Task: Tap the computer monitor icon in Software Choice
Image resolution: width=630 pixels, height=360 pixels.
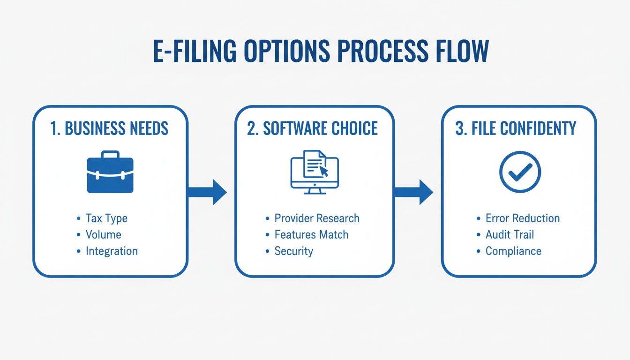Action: click(315, 172)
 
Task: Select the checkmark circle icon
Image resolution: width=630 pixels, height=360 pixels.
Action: click(519, 172)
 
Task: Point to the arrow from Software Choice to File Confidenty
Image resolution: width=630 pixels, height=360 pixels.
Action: click(413, 192)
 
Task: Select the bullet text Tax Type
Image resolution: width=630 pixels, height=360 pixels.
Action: click(106, 218)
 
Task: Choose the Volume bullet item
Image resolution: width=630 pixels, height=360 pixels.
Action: click(103, 235)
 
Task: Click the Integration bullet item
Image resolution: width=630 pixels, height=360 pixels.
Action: click(112, 251)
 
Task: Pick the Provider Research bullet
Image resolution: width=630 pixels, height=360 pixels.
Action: click(317, 218)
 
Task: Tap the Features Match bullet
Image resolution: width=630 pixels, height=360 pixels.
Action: click(311, 235)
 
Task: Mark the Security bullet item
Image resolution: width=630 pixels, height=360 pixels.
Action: click(293, 251)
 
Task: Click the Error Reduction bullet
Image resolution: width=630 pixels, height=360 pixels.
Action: click(523, 218)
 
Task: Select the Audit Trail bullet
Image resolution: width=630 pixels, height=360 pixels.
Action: click(510, 235)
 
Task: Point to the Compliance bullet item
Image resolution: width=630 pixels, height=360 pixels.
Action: click(513, 251)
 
